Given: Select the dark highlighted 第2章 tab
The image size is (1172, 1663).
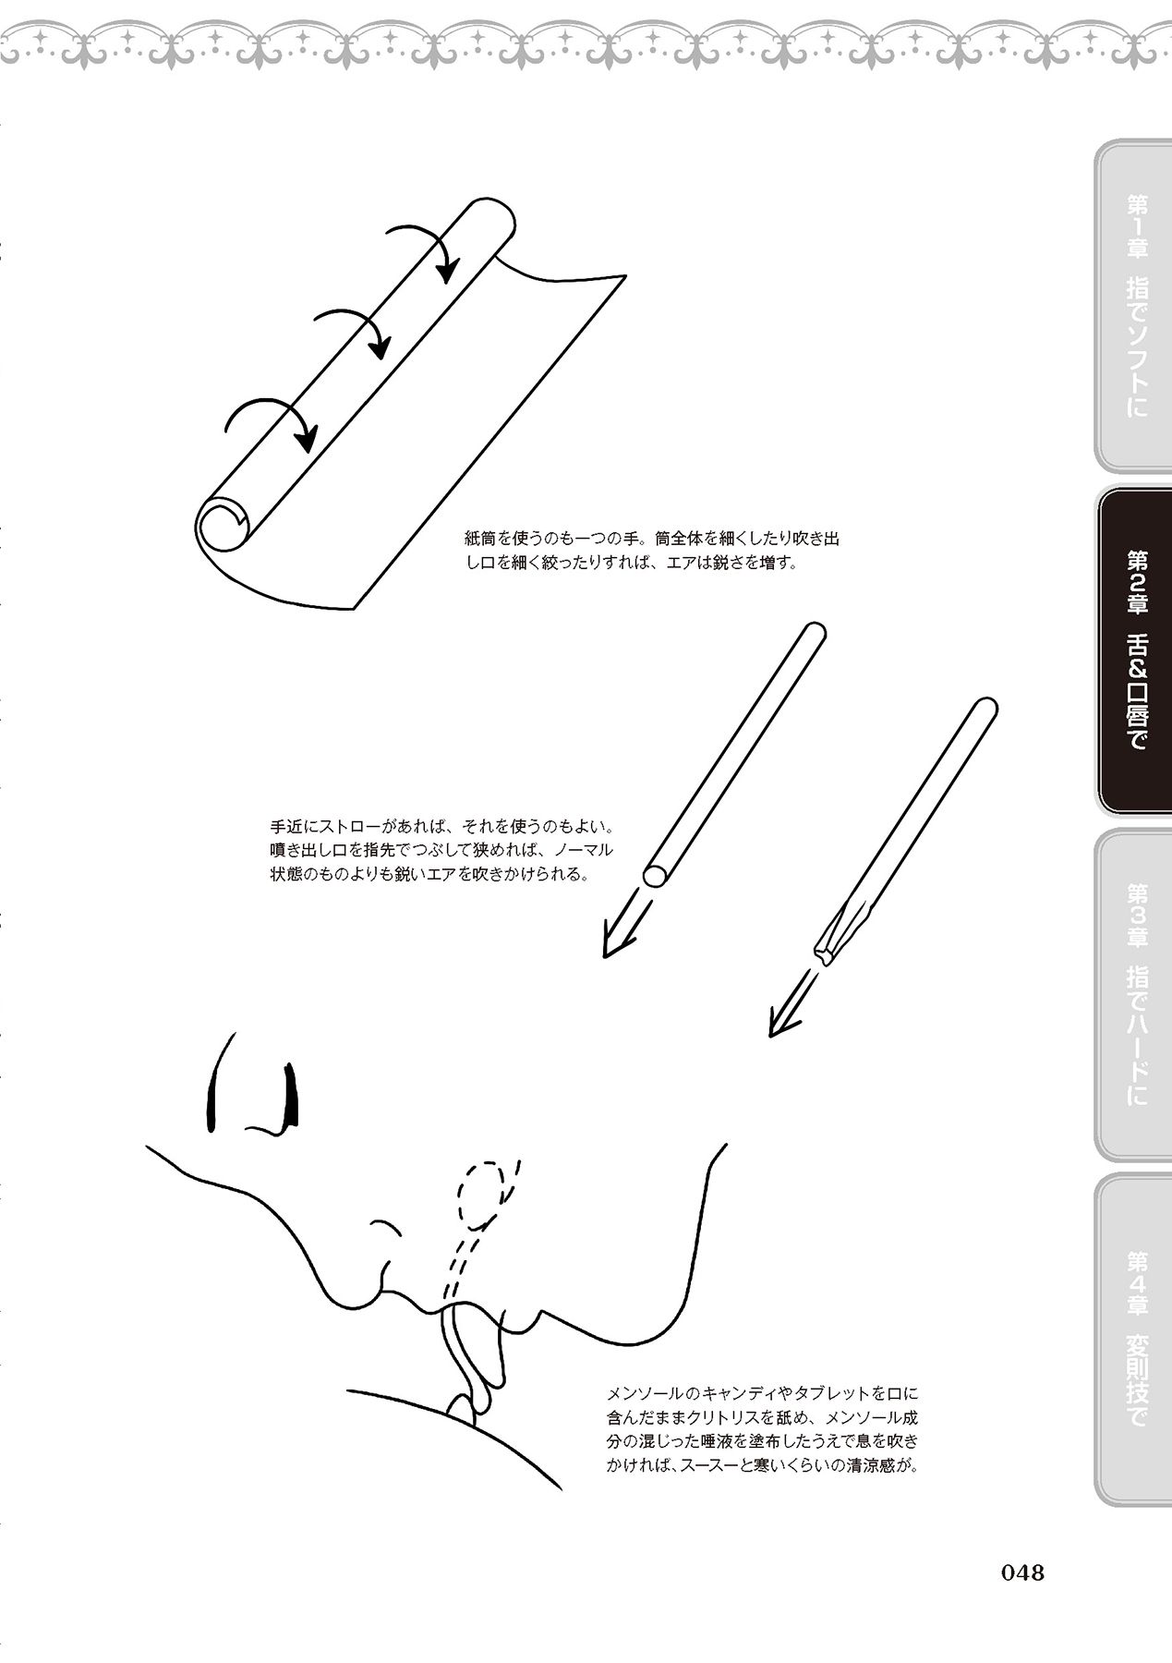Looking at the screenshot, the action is pos(1134,650).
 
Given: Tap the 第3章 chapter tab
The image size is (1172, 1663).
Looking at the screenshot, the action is pos(1132,994).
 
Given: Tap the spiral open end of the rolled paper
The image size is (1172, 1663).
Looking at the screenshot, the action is pos(222,525).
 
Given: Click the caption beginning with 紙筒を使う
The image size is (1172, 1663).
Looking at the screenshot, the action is pos(652,551).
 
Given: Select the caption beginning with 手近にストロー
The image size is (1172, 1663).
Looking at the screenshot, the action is pos(441,848).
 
